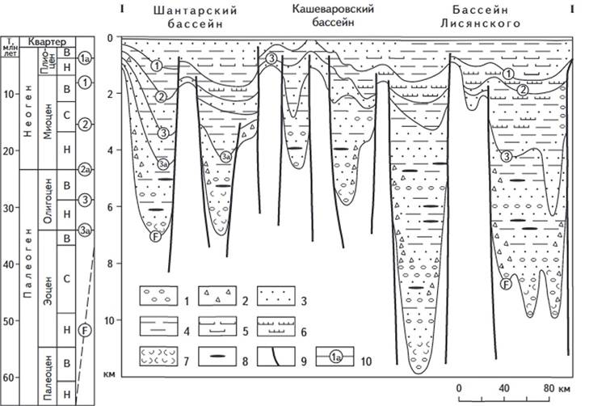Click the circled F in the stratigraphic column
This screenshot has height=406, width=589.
85,329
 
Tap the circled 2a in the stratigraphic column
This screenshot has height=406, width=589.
85,170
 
